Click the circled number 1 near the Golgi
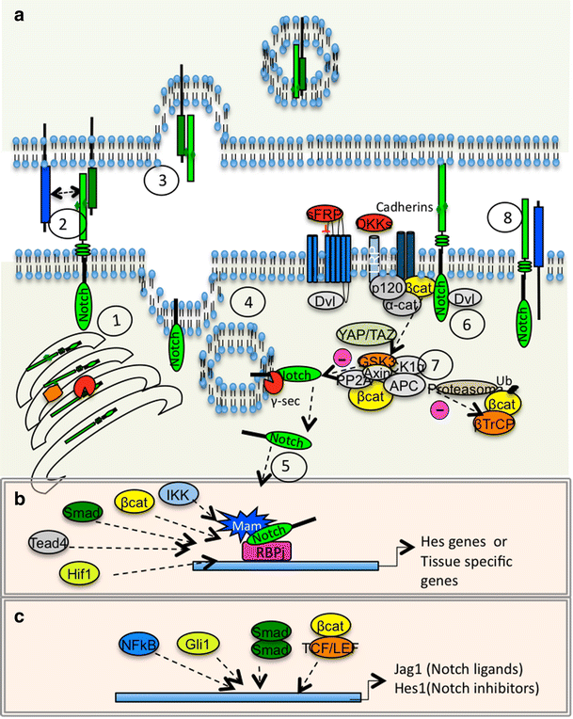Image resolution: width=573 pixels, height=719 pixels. [118, 324]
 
